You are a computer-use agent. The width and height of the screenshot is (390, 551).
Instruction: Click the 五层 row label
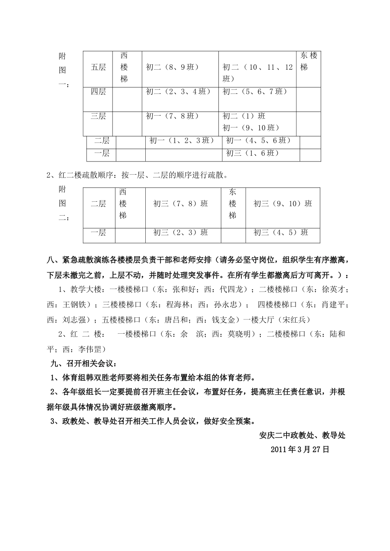pos(98,67)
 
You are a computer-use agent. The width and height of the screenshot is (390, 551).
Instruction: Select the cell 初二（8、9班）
pos(172,67)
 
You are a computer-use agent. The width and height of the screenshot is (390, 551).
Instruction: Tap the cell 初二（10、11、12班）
pos(257,73)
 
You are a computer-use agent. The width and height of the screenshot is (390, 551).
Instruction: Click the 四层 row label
pos(98,92)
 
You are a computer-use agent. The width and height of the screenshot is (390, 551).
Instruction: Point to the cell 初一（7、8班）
pos(172,116)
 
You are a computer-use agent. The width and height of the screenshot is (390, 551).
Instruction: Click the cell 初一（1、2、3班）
pos(182,141)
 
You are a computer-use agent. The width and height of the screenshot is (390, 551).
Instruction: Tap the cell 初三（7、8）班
pos(181,203)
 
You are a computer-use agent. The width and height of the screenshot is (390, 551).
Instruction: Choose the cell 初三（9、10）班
pos(283,203)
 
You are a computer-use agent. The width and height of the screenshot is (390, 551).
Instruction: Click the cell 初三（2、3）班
pos(181,232)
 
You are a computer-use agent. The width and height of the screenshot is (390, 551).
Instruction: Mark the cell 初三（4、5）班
pos(281,232)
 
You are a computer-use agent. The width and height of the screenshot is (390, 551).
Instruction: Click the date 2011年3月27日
pos(300,449)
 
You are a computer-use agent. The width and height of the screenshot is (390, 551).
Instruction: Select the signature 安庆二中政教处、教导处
pos(303,435)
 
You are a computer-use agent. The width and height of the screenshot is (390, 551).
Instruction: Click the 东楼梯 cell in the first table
pos(309,61)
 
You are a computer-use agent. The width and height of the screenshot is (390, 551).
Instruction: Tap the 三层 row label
pos(98,116)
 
